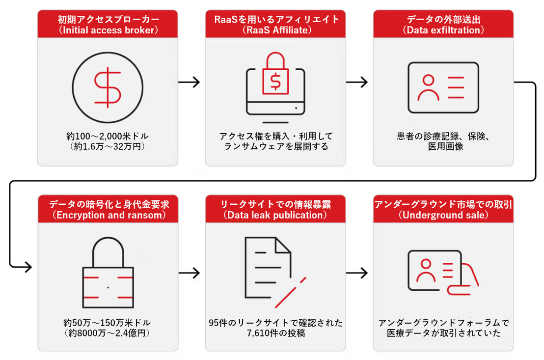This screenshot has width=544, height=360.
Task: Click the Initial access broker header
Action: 108,24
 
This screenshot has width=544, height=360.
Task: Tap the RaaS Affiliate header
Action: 275,24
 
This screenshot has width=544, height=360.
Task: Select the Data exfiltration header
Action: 443,24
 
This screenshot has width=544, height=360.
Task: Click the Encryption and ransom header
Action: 108,209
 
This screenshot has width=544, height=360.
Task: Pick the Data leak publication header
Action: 275,209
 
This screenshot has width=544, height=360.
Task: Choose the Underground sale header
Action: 443,209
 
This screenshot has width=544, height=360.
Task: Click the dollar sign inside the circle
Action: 108,87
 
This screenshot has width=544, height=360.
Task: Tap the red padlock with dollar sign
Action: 275,74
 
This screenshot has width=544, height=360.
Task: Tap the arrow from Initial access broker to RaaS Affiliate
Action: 189,83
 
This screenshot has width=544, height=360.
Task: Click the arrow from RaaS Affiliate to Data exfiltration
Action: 356,83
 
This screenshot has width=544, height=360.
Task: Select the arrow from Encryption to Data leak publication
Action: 190,273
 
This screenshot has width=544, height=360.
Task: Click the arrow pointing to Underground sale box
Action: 357,273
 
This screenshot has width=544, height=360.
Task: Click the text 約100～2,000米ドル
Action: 108,136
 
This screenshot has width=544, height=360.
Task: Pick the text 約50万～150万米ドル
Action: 107,323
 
